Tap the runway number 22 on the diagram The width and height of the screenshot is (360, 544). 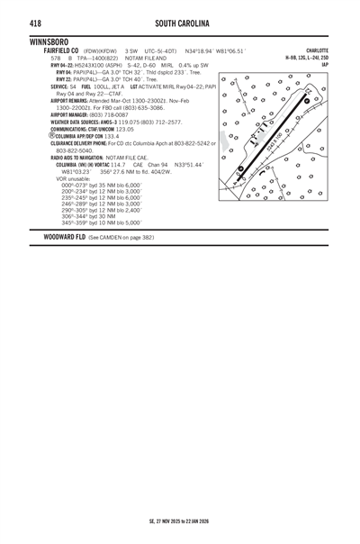(309, 91)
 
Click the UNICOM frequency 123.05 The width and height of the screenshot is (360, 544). (131, 129)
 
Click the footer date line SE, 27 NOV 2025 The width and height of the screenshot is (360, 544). (180, 520)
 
